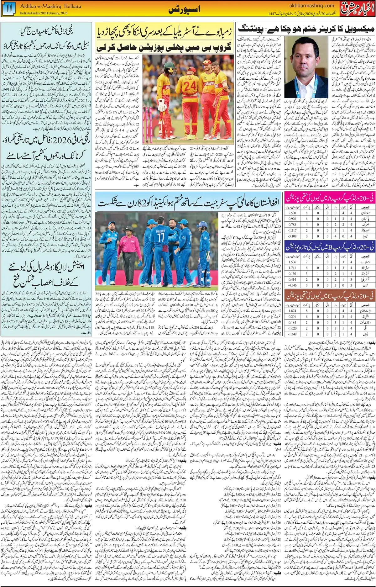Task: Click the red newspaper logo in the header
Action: (358, 9)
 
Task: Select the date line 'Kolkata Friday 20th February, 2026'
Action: (44, 13)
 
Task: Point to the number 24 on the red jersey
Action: (189, 86)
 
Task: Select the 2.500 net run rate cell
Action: (292, 213)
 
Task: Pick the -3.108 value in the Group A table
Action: (292, 236)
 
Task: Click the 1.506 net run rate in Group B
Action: (292, 262)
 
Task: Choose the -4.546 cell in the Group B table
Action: (292, 285)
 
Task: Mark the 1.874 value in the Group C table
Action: (292, 311)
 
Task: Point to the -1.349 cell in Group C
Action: (292, 334)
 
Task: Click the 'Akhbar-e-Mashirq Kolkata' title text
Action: (50, 6)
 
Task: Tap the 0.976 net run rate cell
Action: (292, 219)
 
